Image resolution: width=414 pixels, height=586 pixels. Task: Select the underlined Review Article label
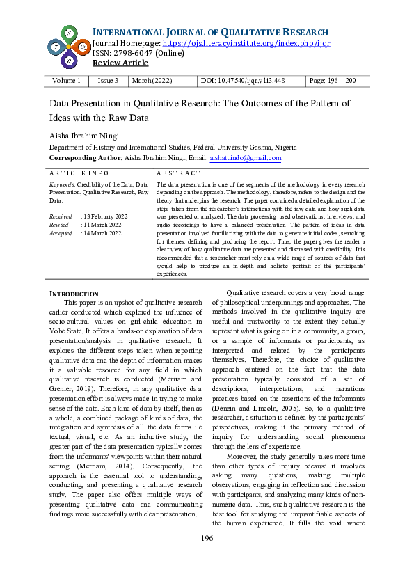120,63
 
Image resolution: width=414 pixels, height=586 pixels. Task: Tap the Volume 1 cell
67,81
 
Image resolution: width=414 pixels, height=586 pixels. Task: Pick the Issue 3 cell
108,81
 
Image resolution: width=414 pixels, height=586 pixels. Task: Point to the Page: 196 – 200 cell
333,81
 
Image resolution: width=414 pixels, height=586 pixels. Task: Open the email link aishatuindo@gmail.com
245,158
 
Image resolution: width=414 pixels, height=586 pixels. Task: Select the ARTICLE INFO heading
79,173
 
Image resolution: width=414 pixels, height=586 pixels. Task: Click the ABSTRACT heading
179,173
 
